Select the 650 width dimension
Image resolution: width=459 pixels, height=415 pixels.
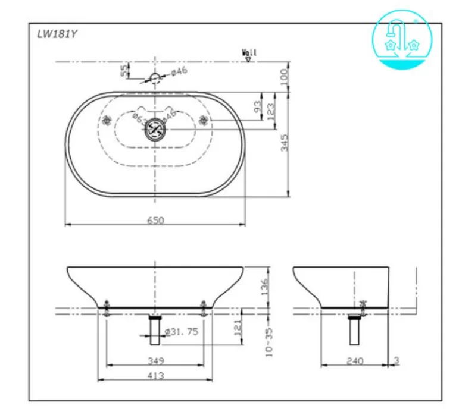click(x=155, y=220)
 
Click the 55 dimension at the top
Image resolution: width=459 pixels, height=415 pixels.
click(x=124, y=70)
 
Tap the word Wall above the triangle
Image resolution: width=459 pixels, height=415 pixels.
click(x=249, y=52)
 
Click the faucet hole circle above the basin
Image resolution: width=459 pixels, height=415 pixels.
click(x=155, y=77)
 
